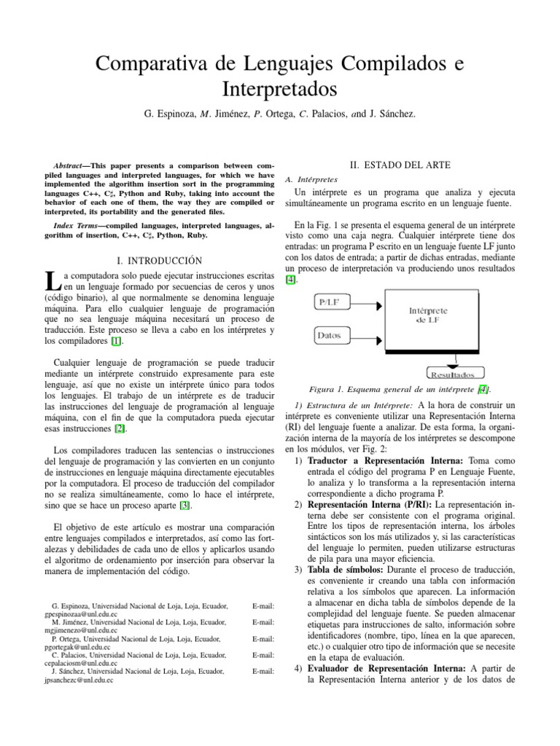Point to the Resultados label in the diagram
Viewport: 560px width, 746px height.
(456, 374)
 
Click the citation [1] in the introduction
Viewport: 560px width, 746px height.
(116, 340)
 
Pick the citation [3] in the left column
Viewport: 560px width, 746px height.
(186, 505)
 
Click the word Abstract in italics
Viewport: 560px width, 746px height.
(72, 166)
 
